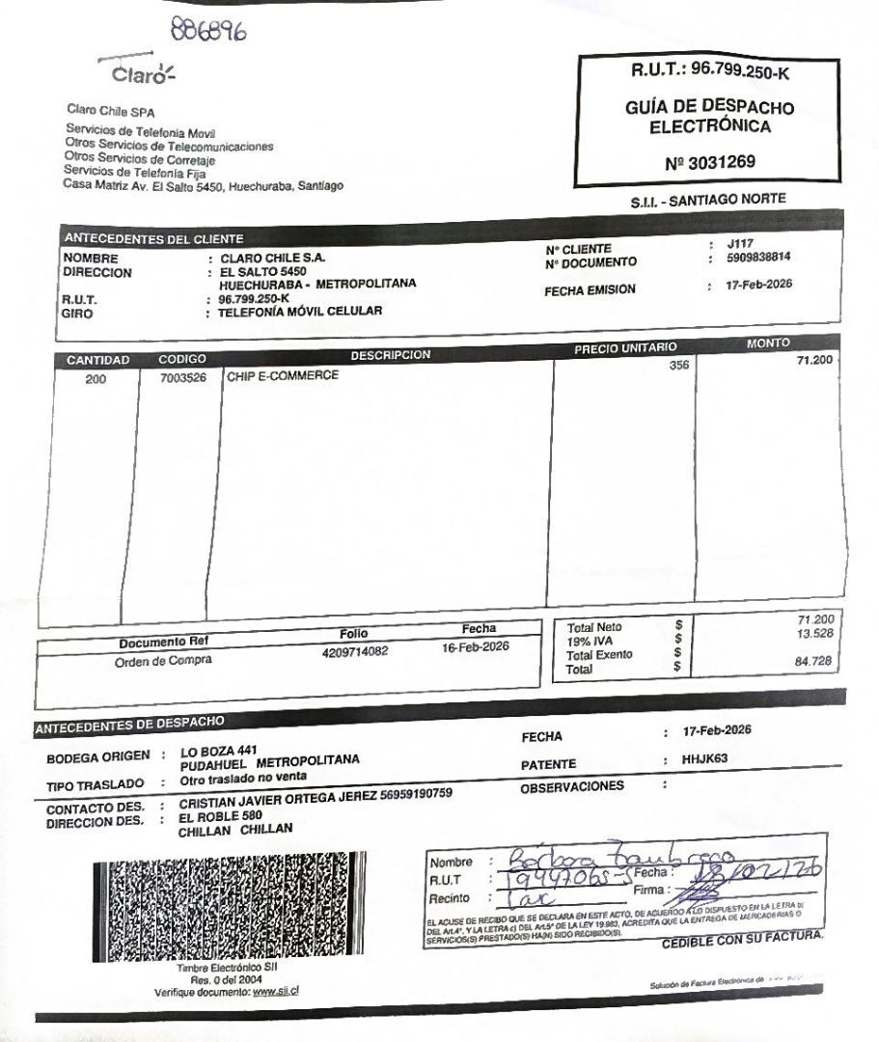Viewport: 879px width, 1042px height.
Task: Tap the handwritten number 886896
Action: point(206,30)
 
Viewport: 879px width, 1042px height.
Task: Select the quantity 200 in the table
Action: point(96,379)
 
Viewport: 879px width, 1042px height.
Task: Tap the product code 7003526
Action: point(183,378)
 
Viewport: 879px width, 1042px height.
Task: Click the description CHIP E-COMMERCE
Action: point(283,375)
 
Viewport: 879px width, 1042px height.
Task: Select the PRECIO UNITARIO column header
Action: point(626,347)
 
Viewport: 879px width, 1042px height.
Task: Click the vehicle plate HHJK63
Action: point(704,759)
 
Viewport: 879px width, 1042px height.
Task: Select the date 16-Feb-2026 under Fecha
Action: point(475,646)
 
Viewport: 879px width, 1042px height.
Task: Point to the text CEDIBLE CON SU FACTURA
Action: point(742,940)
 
